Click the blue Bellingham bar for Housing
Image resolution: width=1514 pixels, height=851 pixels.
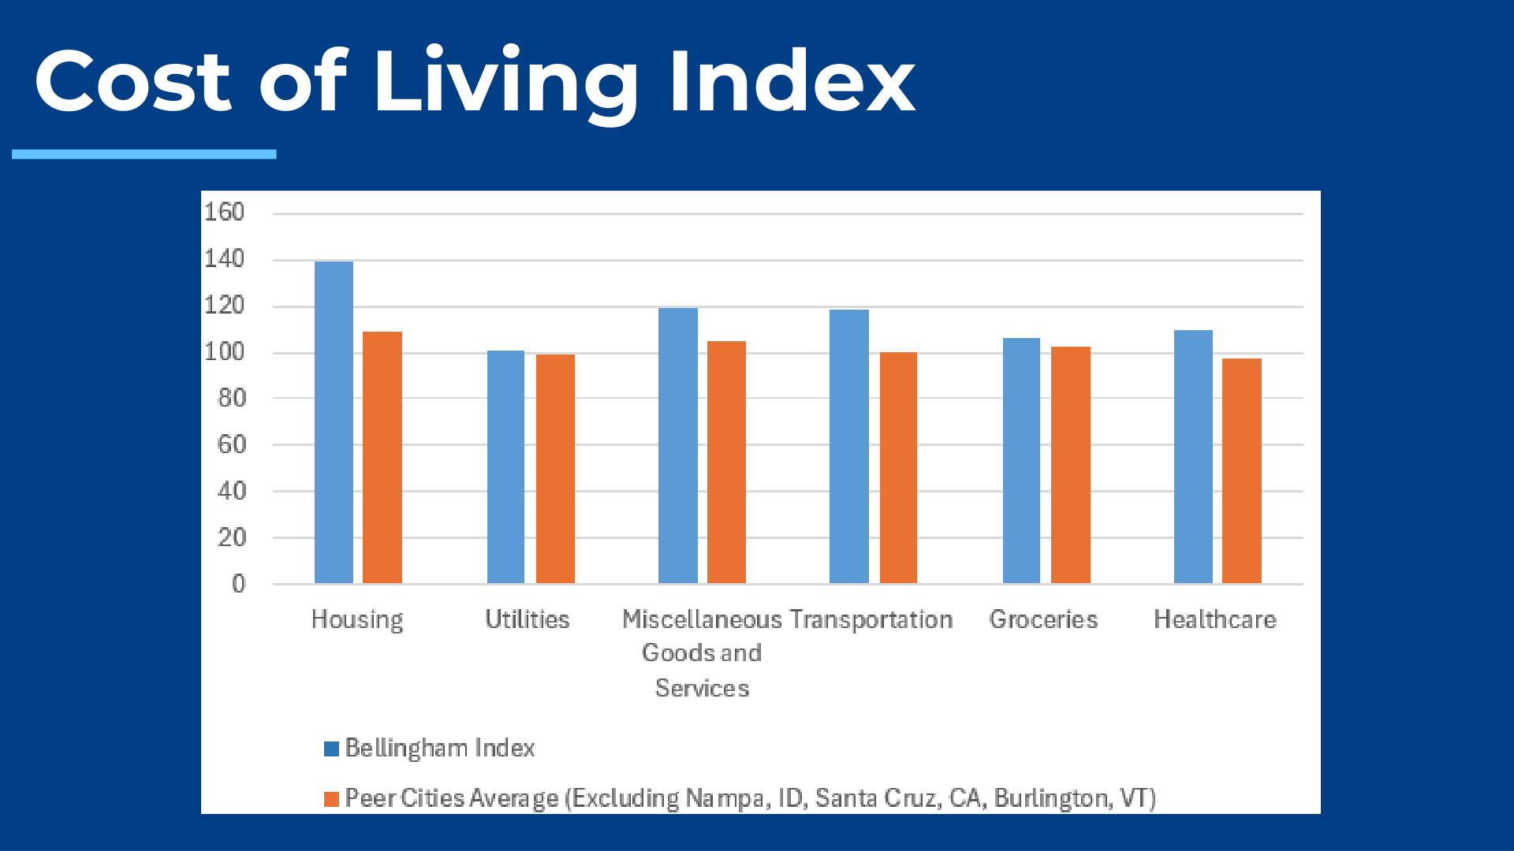pyautogui.click(x=334, y=422)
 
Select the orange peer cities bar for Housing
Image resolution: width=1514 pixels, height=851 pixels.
pyautogui.click(x=382, y=458)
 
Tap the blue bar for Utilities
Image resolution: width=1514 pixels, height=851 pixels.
pyautogui.click(x=505, y=467)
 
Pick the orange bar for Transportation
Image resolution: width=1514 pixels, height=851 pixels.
pyautogui.click(x=898, y=468)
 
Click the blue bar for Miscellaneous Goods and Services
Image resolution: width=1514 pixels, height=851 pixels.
pyautogui.click(x=678, y=446)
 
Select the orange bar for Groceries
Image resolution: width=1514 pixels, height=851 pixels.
pyautogui.click(x=1071, y=465)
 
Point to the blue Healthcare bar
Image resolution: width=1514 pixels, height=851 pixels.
pyautogui.click(x=1193, y=457)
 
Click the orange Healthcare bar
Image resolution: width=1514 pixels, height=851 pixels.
pyautogui.click(x=1242, y=471)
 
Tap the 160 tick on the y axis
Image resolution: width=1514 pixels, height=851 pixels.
pyautogui.click(x=225, y=212)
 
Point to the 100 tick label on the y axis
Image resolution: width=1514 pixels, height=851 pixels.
pyautogui.click(x=225, y=351)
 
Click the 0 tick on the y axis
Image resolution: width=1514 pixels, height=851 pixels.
pyautogui.click(x=238, y=584)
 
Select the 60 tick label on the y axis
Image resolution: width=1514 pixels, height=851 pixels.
pyautogui.click(x=232, y=444)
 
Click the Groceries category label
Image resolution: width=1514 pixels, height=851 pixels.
pyautogui.click(x=1043, y=619)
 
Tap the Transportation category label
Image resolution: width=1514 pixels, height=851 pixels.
pyautogui.click(x=871, y=619)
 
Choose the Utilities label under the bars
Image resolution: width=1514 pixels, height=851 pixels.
pyautogui.click(x=527, y=619)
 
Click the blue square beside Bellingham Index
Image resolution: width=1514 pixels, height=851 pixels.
pyautogui.click(x=331, y=748)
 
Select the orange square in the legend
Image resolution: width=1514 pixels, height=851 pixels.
pyautogui.click(x=331, y=799)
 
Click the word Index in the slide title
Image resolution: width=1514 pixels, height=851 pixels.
pyautogui.click(x=791, y=81)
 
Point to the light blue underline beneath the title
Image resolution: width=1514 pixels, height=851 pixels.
pyautogui.click(x=144, y=154)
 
